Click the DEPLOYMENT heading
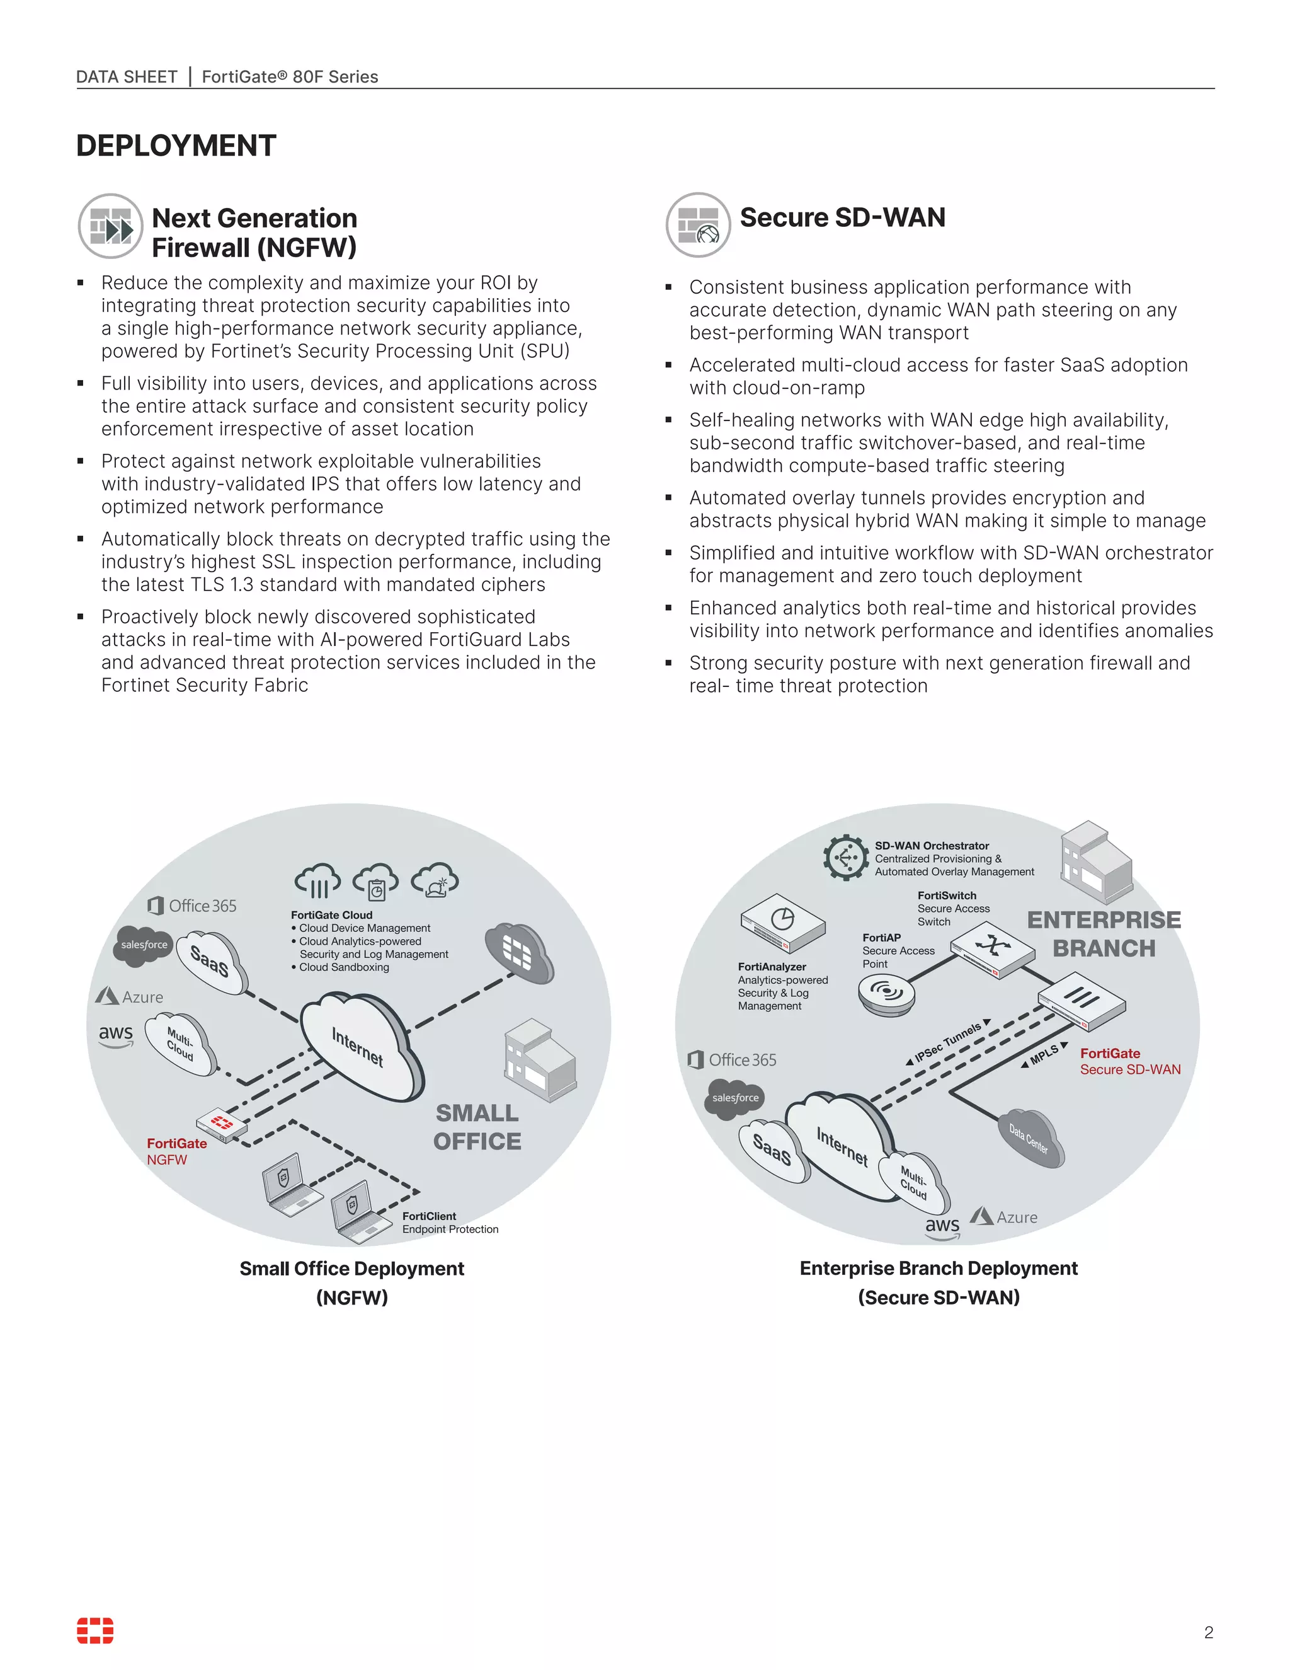[176, 146]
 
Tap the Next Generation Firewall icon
[111, 226]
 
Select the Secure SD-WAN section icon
[698, 225]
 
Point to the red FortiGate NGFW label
[176, 1151]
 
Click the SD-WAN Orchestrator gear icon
[845, 857]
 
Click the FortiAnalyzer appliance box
[782, 923]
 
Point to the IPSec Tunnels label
[947, 1042]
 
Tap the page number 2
[1208, 1633]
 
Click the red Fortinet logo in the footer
[94, 1630]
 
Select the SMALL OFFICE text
[477, 1127]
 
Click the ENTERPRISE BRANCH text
[1104, 934]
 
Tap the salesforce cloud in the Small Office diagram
[144, 945]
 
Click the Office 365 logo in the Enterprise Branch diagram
[732, 1059]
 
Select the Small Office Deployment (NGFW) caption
[351, 1282]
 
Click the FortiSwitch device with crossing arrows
[992, 948]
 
